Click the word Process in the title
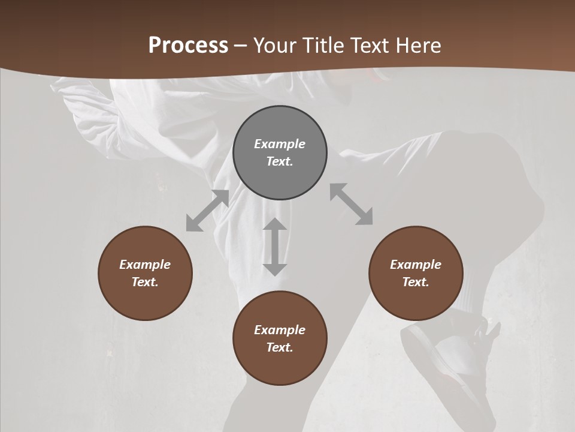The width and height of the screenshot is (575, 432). tap(188, 46)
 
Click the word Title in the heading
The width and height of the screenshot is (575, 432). tap(323, 46)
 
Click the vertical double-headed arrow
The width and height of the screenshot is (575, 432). tap(275, 247)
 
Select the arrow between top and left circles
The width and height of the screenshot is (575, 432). tap(207, 211)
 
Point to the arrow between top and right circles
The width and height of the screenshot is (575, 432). tap(351, 204)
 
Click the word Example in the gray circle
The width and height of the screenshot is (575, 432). tap(280, 144)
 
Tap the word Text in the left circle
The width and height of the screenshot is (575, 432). tap(145, 282)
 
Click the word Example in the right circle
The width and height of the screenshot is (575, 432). tap(416, 265)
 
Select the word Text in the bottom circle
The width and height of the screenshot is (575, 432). tap(280, 347)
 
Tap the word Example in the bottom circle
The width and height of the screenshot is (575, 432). tap(280, 330)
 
